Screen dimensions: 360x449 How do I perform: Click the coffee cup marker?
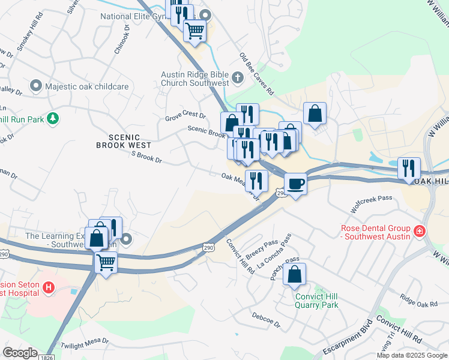[295, 184]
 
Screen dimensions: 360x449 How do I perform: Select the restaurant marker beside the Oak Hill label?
[409, 168]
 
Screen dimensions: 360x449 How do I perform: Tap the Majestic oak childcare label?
[87, 87]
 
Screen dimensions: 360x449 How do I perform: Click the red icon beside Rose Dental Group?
[419, 230]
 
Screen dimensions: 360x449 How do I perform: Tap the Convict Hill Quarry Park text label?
[316, 301]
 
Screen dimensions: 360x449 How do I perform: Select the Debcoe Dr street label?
[266, 319]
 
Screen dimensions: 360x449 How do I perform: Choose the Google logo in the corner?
[20, 353]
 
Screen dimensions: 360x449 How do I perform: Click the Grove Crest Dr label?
[185, 116]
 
